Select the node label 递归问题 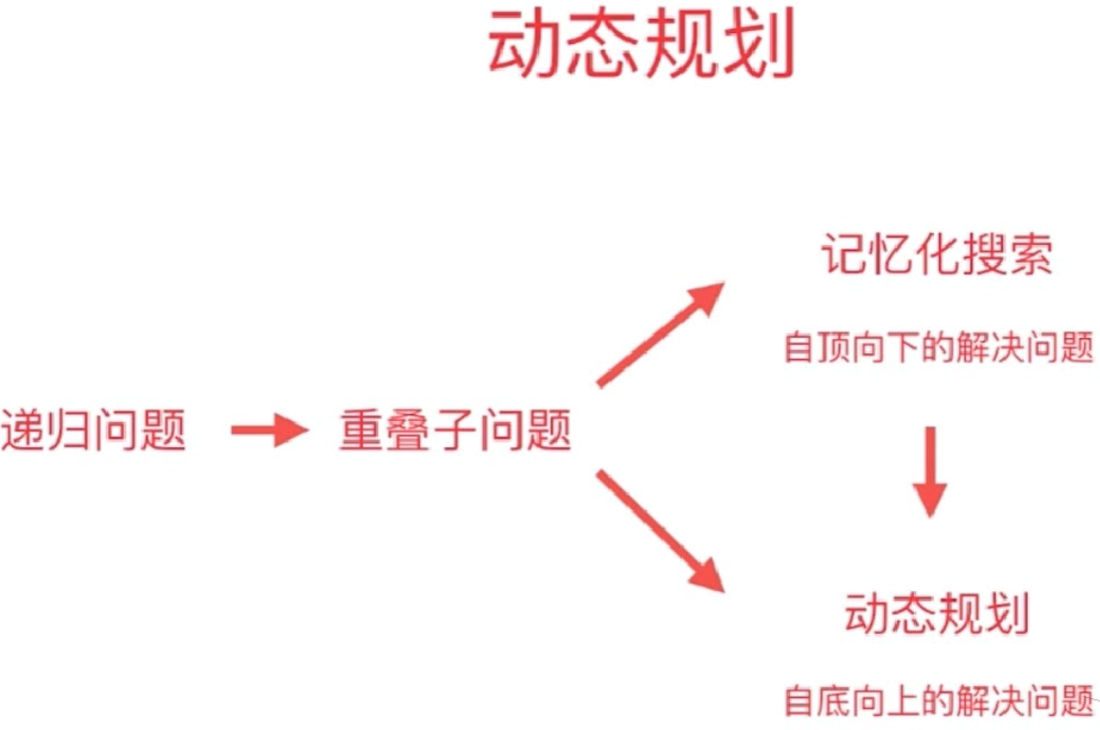[x=94, y=432]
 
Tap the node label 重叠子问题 [x=456, y=432]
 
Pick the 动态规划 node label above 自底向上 [x=937, y=614]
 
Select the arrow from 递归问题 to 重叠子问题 [x=269, y=431]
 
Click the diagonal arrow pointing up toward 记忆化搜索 [x=659, y=334]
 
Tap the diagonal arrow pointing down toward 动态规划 [x=659, y=531]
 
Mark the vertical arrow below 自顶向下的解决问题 [x=930, y=471]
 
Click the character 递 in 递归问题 [x=24, y=432]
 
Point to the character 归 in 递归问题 [x=70, y=432]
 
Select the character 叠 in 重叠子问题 [x=410, y=432]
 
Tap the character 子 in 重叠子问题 [x=456, y=432]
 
